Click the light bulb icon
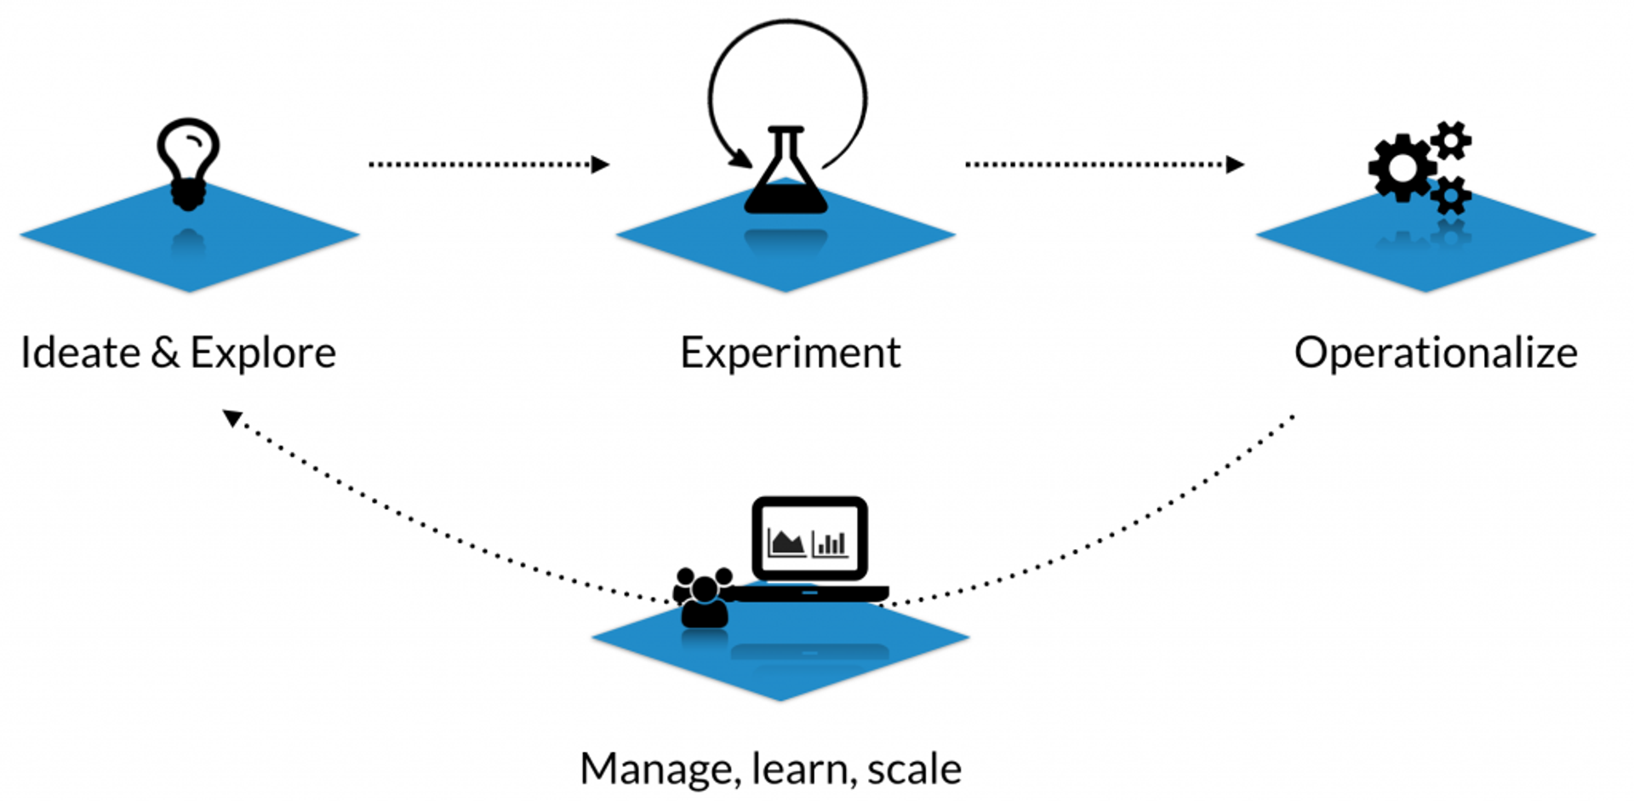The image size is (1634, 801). pyautogui.click(x=188, y=162)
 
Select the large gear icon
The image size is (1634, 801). pyautogui.click(x=1401, y=168)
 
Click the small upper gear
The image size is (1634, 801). pyautogui.click(x=1450, y=140)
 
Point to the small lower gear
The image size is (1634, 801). pyautogui.click(x=1450, y=195)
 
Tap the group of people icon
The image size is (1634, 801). pyautogui.click(x=704, y=597)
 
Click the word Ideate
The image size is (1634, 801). pyautogui.click(x=80, y=352)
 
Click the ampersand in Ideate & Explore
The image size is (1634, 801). pyautogui.click(x=165, y=352)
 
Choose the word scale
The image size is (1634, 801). pyautogui.click(x=914, y=770)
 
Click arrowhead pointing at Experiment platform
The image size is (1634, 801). pyautogui.click(x=601, y=164)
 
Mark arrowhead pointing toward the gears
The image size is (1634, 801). pyautogui.click(x=1235, y=164)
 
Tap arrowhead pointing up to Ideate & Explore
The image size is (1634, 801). pyautogui.click(x=232, y=417)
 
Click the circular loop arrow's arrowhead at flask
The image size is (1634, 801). pyautogui.click(x=741, y=159)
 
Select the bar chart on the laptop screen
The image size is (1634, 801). pyautogui.click(x=830, y=543)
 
